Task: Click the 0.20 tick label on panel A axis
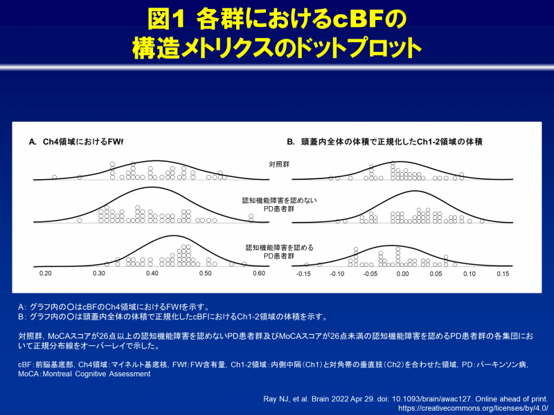point(46,274)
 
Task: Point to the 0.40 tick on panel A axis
point(152,274)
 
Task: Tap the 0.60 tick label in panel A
point(259,274)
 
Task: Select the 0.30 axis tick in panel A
point(99,274)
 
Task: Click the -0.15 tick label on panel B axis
point(303,274)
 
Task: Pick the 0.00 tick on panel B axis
point(402,274)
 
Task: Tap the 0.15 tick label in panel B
point(502,274)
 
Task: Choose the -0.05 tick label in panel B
point(369,274)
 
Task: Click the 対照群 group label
point(280,164)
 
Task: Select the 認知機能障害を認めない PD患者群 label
point(279,205)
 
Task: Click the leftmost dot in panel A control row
point(54,178)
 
